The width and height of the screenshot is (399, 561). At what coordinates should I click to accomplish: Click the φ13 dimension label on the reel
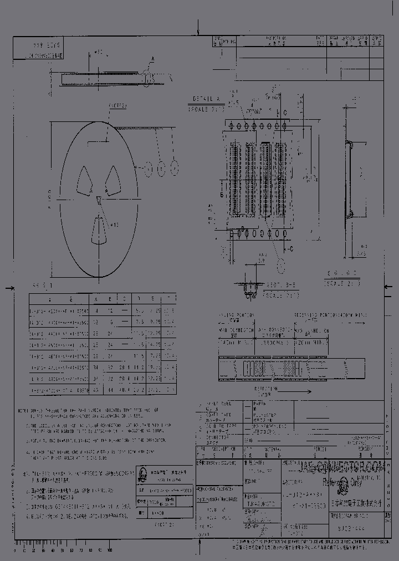[115, 225]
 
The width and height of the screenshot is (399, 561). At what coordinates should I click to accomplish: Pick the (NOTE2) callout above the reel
[117, 104]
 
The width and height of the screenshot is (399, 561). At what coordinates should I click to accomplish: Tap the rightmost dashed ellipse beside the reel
[175, 167]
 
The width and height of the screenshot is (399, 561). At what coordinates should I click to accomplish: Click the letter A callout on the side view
[153, 58]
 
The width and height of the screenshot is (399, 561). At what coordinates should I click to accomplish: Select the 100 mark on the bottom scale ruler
[109, 550]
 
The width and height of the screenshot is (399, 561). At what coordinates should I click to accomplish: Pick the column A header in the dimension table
[96, 299]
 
